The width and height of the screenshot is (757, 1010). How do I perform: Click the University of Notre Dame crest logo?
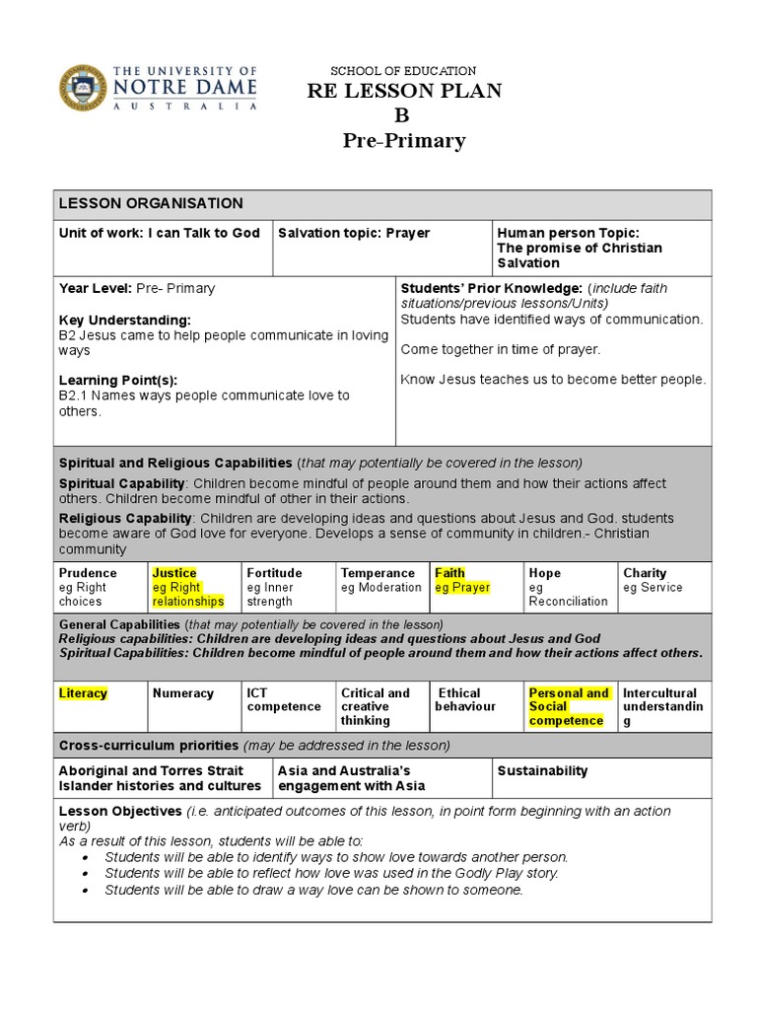pos(82,89)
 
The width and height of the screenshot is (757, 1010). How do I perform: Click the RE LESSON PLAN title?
pos(404,91)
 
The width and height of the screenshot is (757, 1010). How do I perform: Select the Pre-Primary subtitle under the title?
pos(404,141)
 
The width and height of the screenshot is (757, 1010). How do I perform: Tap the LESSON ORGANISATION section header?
pos(151,203)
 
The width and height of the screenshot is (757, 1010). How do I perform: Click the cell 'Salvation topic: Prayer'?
pos(354,234)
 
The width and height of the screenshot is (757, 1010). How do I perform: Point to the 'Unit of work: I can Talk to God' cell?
pos(160,234)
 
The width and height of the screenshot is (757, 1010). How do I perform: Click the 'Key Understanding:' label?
pos(125,321)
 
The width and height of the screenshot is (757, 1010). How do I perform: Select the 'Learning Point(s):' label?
pos(118,380)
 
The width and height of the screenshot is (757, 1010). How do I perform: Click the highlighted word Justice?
pos(174,573)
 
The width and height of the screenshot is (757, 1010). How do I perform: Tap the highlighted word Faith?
pos(449,573)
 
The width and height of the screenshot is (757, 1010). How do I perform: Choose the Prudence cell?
pos(88,573)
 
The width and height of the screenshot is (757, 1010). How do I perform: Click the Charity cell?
pos(645,573)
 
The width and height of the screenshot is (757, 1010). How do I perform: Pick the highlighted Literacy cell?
pos(83,693)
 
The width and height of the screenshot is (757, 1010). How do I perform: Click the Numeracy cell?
pos(183,693)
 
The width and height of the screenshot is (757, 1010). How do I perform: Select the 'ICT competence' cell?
pos(284,700)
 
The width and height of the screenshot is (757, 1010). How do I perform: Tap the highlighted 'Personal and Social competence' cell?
pos(569,706)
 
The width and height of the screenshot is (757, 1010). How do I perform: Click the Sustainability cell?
pos(542,771)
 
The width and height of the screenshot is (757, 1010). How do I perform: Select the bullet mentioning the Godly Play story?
pos(331,873)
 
